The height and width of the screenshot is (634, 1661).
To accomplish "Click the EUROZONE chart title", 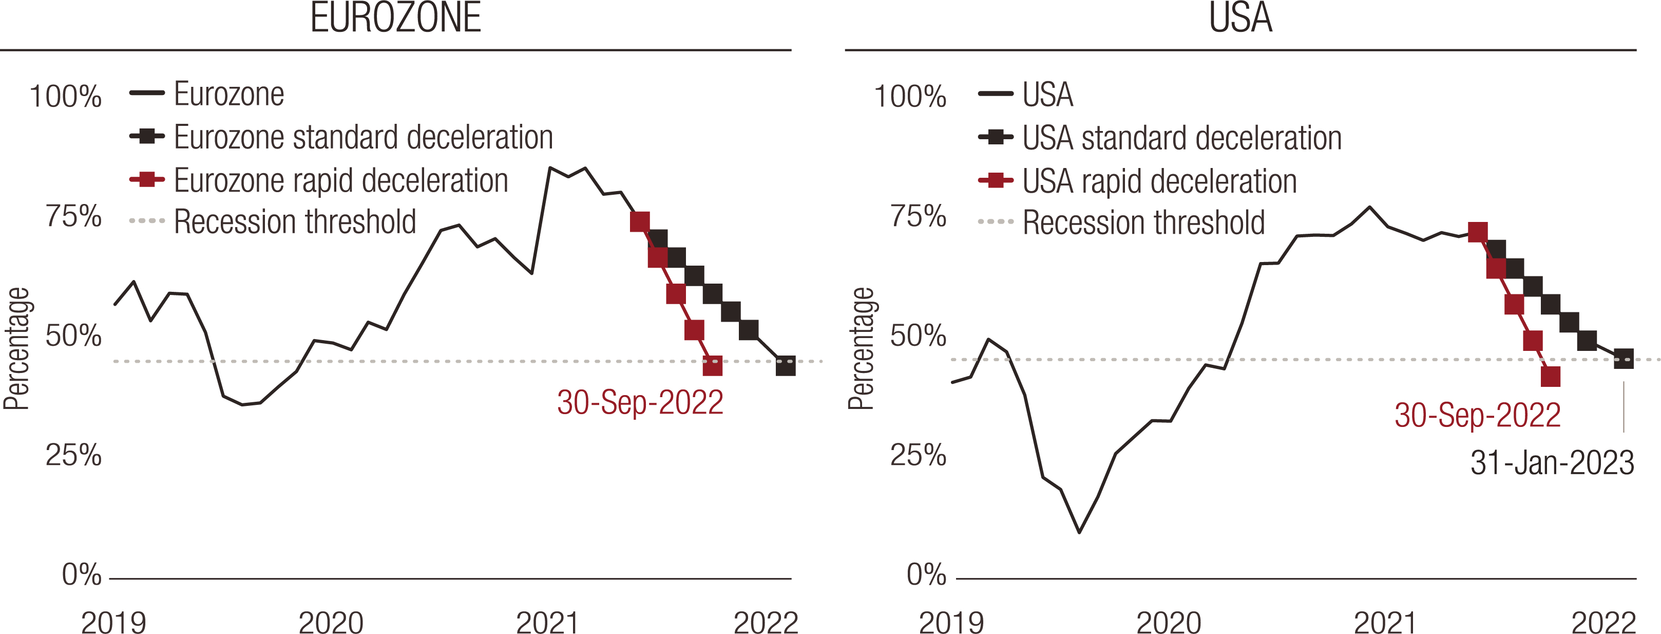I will click(395, 18).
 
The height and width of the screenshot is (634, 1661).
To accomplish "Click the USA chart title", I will click(1240, 18).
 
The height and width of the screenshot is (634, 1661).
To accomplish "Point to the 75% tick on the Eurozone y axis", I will click(73, 217).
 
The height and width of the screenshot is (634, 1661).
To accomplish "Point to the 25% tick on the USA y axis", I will click(918, 455).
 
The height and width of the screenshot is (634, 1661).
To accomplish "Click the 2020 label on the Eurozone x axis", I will click(331, 622).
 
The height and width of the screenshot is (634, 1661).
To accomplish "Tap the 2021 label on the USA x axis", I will click(1386, 622).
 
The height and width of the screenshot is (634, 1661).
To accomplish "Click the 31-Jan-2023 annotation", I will click(1552, 462).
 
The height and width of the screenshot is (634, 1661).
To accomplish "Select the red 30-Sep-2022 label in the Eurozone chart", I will click(640, 402).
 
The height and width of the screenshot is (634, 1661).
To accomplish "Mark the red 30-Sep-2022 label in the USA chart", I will click(1477, 415).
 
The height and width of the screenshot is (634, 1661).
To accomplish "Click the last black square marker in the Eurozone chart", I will click(786, 366).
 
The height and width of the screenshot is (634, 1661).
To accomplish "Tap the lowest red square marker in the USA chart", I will click(1550, 377).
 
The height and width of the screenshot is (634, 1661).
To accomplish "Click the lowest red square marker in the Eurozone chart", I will click(712, 366).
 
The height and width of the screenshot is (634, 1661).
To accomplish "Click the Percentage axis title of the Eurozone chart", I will click(17, 348).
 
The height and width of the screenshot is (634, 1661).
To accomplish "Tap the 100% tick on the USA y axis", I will click(910, 97).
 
